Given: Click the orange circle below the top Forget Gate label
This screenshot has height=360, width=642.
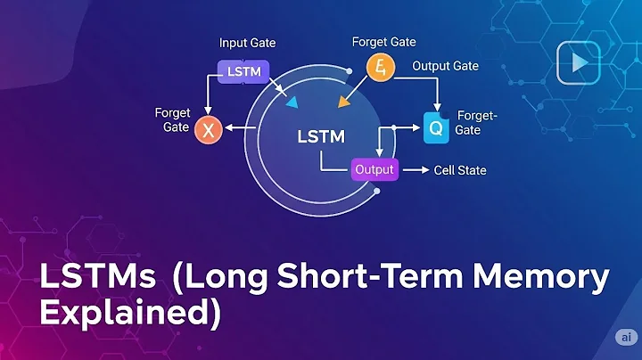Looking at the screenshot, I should tap(380, 66).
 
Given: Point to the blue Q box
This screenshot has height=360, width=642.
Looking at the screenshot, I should tap(435, 127).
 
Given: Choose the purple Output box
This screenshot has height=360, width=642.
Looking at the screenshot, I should tap(374, 169).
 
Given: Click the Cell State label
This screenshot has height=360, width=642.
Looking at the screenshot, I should tap(459, 169).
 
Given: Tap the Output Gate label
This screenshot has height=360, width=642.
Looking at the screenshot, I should tap(445, 66).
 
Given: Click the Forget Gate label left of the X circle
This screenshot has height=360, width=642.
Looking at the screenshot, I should tap(171, 119).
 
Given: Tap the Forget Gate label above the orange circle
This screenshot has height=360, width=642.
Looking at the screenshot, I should tap(383, 42).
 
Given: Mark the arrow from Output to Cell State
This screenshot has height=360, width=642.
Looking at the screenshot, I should tap(415, 169).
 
